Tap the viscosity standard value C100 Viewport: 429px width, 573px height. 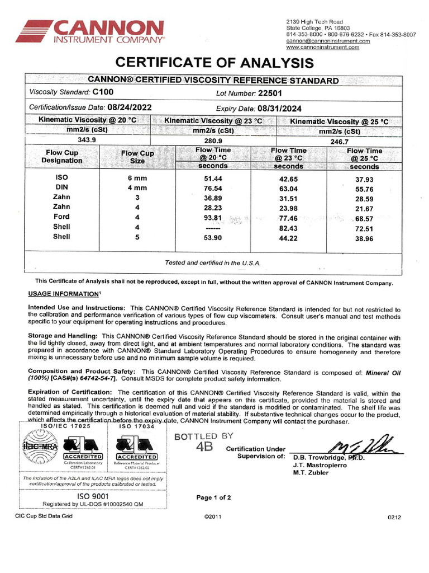point(103,92)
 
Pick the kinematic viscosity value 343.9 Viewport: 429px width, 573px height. point(85,140)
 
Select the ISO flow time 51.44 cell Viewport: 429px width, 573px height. point(212,178)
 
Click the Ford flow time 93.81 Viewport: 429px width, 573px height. point(212,218)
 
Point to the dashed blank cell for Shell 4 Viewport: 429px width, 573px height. point(212,228)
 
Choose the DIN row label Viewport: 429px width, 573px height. point(61,187)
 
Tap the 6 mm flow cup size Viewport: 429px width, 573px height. point(137,178)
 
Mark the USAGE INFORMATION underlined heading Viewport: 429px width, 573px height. point(64,294)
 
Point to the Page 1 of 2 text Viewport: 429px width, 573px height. point(213,497)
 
